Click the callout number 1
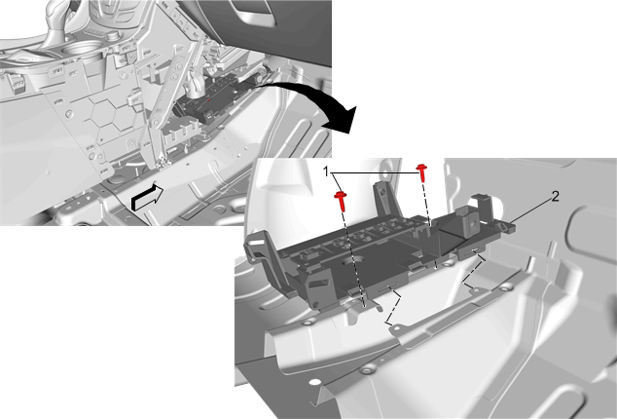coord(326,171)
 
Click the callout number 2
coord(555,196)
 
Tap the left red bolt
coord(341,200)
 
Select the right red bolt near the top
coord(422,172)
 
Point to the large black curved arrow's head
coord(343,120)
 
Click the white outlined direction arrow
coord(147,198)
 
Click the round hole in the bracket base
coord(355,261)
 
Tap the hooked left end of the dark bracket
coord(256,245)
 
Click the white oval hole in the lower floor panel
coord(314,382)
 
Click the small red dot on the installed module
coord(209,100)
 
